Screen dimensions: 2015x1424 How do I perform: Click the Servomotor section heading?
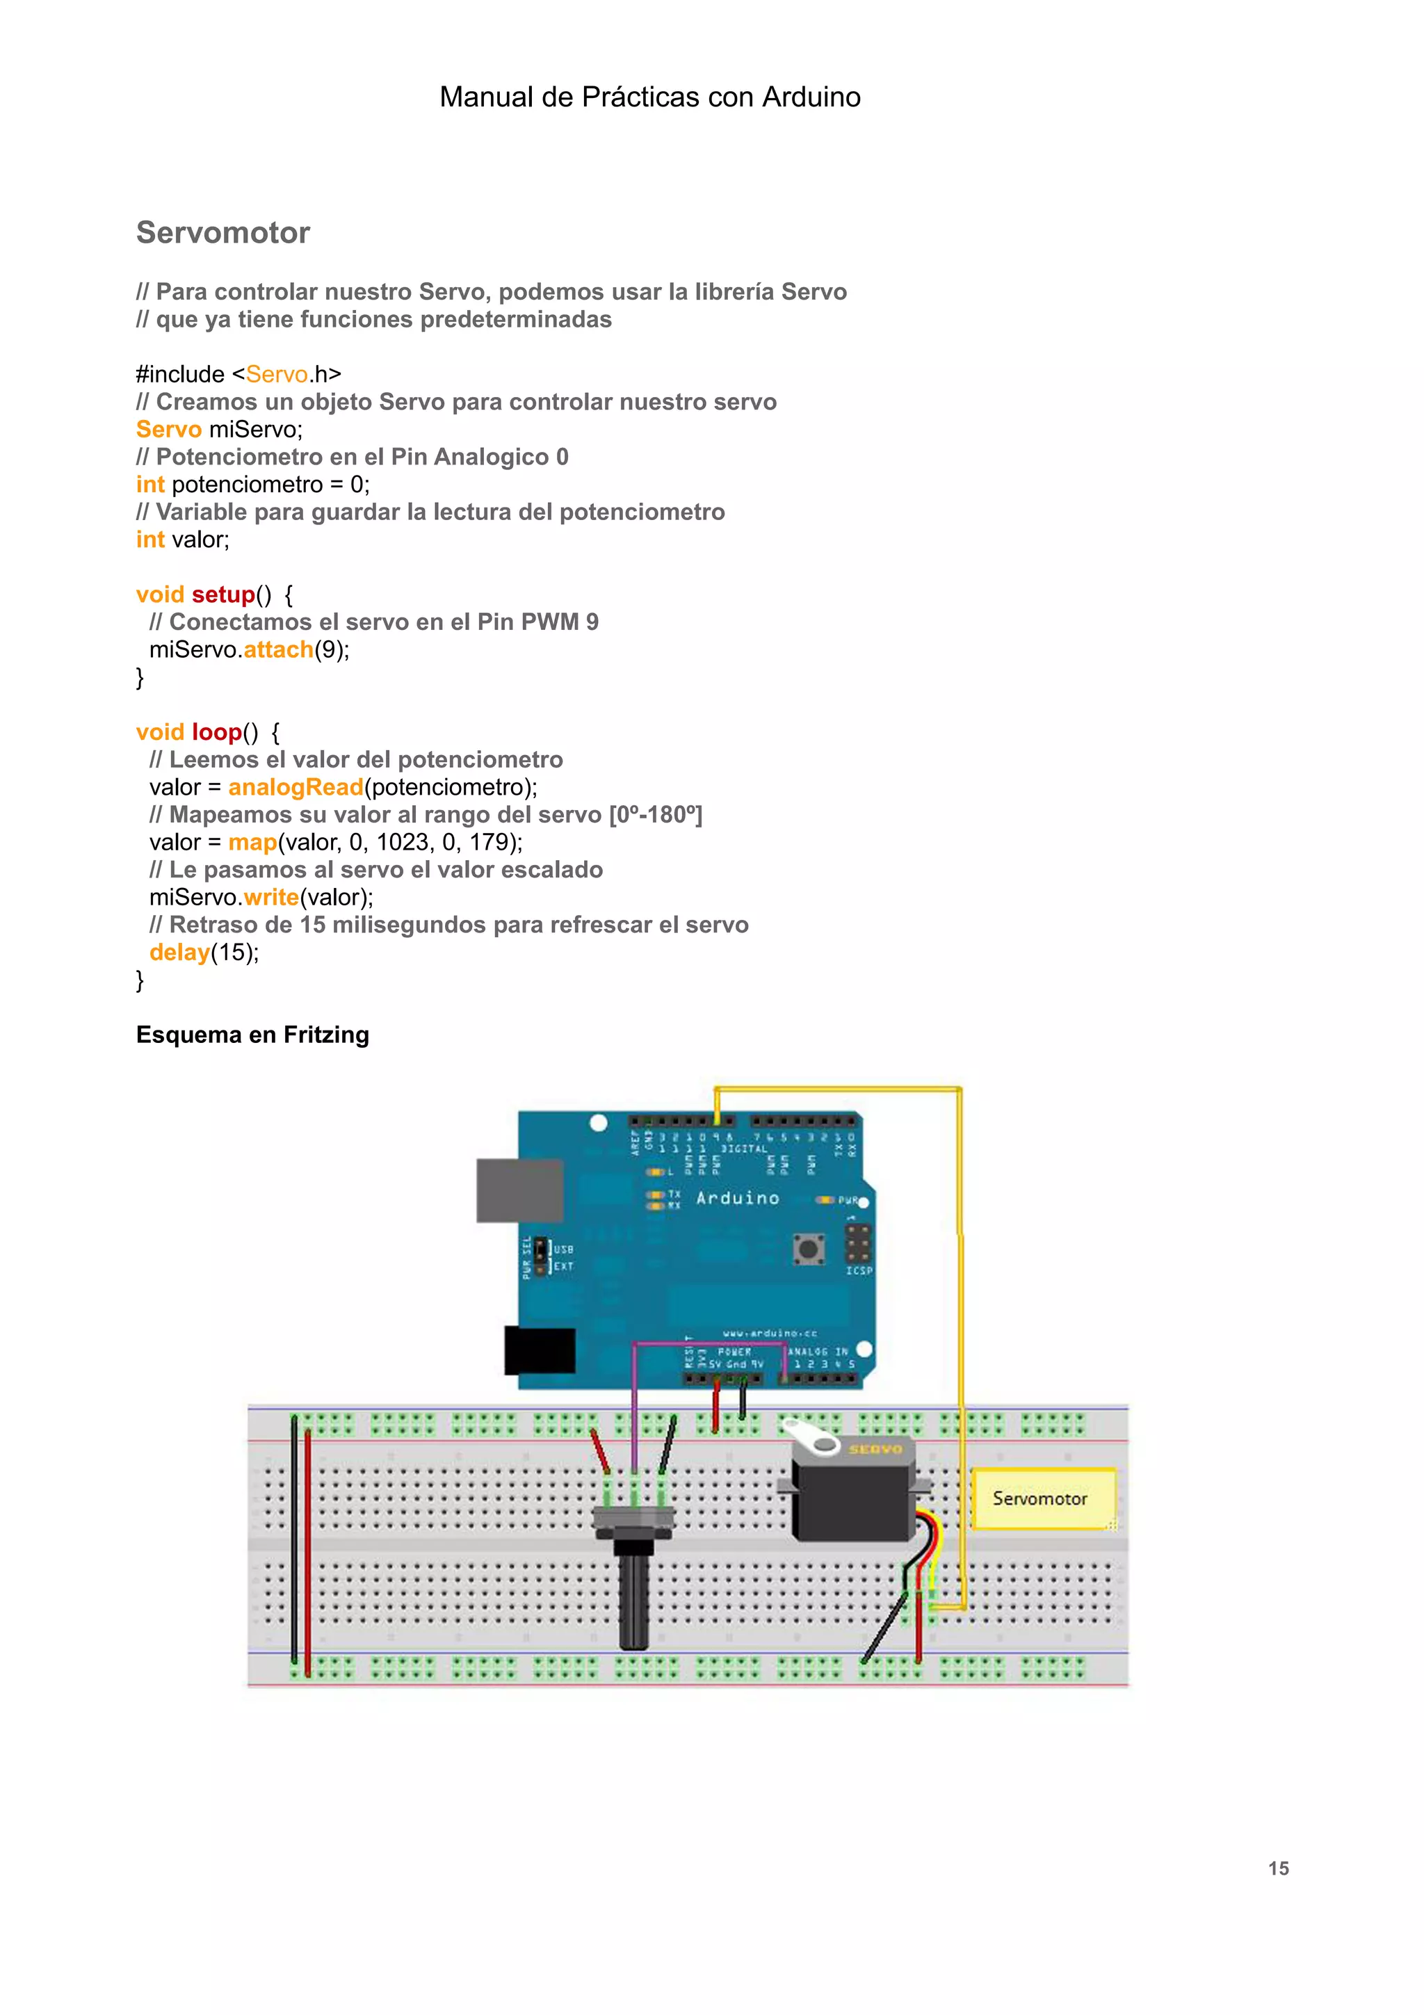223,232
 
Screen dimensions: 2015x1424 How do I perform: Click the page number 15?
1279,1868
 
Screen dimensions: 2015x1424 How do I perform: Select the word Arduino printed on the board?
737,1198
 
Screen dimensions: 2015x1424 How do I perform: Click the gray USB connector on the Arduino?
519,1190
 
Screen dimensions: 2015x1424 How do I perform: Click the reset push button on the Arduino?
808,1248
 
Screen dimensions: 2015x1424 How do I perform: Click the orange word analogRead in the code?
296,787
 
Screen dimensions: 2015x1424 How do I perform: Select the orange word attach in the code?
278,649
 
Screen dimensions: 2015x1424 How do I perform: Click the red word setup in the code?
223,594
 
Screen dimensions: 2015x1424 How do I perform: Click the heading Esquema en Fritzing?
252,1035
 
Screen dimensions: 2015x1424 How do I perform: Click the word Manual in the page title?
486,97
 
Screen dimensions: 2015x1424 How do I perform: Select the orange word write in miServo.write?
271,897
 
